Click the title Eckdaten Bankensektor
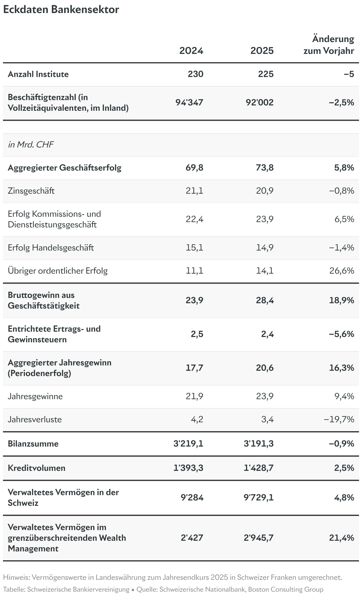61,9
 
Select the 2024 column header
191,51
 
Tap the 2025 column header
262,51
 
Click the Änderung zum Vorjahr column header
329,45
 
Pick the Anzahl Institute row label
38,74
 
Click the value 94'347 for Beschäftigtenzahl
189,102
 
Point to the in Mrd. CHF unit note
31,145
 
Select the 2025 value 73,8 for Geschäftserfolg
265,168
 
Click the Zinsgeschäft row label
31,191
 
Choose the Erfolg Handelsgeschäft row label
51,248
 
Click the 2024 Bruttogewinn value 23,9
195,300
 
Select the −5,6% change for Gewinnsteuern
342,334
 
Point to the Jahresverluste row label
35,419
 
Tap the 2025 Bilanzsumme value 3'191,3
258,444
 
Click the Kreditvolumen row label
36,468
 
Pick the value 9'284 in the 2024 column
192,497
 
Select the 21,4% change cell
342,538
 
